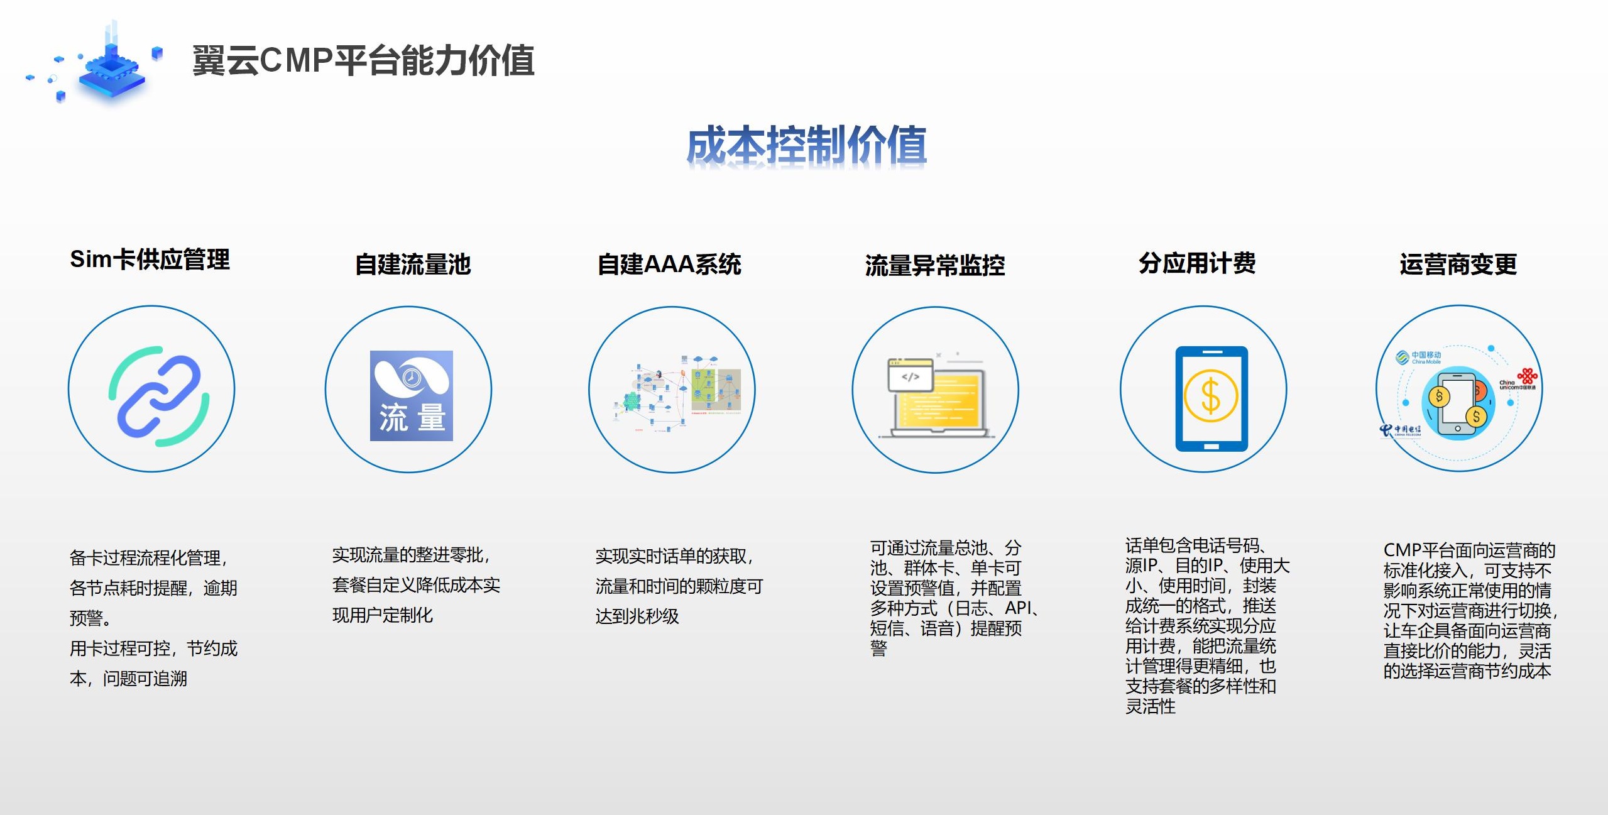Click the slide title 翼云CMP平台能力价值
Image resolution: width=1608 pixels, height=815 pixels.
click(363, 61)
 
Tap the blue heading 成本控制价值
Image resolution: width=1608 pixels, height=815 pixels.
click(806, 145)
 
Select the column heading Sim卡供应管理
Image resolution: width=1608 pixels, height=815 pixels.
click(150, 260)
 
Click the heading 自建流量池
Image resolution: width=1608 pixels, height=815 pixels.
click(413, 265)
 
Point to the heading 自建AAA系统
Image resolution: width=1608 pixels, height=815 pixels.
click(669, 265)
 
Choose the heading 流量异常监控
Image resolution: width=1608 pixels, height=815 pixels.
click(934, 266)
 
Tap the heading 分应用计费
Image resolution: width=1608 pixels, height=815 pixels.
click(1197, 263)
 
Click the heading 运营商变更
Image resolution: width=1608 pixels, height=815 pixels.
click(1458, 265)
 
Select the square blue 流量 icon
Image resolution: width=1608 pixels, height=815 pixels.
click(411, 396)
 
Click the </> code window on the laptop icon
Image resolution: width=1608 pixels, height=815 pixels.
click(910, 376)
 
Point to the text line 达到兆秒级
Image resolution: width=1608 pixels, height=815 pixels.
click(637, 616)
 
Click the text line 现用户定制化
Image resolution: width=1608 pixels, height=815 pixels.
click(382, 615)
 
